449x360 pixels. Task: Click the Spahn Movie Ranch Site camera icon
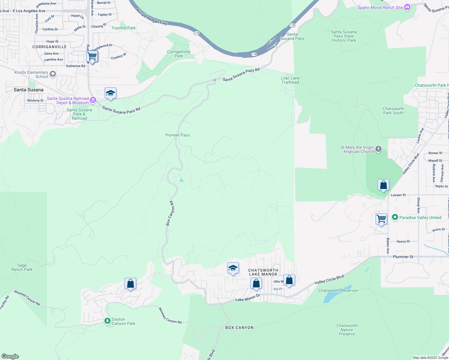407,7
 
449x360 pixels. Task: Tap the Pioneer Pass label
178,135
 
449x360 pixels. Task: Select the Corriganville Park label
179,54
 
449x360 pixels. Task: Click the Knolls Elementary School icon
53,74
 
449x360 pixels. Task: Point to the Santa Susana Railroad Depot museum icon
93,100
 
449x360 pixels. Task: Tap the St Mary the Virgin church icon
379,149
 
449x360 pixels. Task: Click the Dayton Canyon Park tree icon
107,321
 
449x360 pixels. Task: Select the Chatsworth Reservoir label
338,290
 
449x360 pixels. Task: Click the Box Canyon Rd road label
170,213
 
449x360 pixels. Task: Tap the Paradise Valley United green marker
395,217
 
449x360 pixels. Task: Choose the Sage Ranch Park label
22,267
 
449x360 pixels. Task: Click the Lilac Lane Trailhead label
290,80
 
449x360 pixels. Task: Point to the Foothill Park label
124,28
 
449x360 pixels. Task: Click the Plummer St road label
403,257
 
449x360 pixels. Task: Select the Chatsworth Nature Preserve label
347,330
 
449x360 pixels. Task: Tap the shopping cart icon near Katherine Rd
92,56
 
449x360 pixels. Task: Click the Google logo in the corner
10,356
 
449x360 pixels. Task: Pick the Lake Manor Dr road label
247,298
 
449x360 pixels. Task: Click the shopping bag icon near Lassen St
384,185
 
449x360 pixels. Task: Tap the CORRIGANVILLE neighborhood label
50,47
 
